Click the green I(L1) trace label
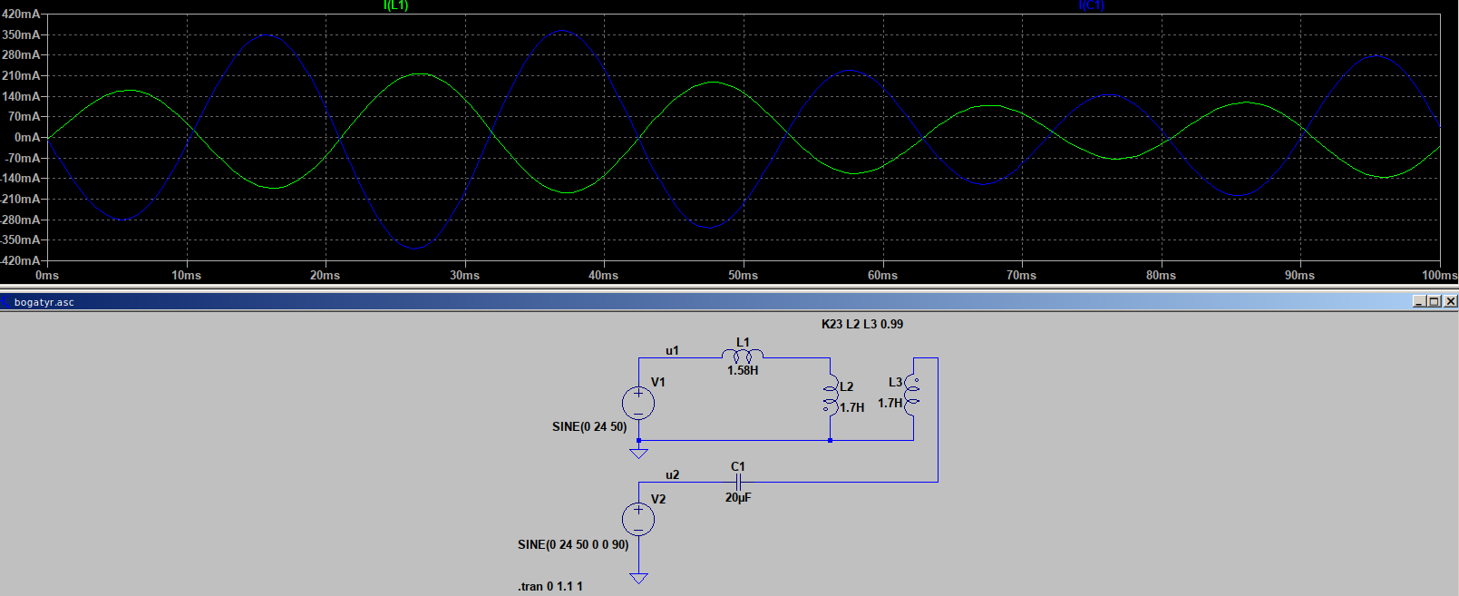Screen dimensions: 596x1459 click(395, 5)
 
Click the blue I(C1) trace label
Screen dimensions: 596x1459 click(1091, 5)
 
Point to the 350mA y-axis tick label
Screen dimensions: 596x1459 click(22, 34)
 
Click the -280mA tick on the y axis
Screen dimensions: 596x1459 click(20, 220)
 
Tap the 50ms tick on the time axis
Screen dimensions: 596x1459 click(743, 275)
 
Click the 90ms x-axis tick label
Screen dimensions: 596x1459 click(1299, 275)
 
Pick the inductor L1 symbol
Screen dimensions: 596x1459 click(743, 355)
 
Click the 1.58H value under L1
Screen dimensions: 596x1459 click(743, 370)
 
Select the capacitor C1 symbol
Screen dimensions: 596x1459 click(738, 482)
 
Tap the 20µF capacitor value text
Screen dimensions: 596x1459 click(738, 497)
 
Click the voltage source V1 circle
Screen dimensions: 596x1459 click(638, 403)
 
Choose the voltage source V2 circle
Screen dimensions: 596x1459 click(638, 519)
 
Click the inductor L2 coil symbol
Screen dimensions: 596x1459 click(830, 396)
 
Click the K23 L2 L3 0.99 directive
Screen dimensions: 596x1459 click(861, 324)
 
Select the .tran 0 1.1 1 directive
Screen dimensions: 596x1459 click(550, 586)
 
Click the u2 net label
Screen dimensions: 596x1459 click(672, 474)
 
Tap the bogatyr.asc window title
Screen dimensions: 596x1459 click(44, 302)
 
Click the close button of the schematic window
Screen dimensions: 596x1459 click(1450, 301)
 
